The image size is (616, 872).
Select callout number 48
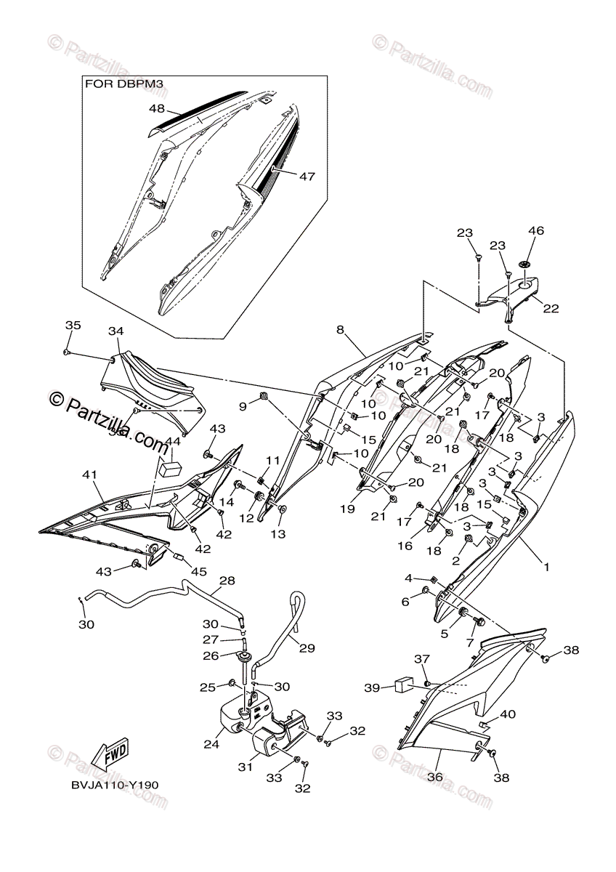coord(158,109)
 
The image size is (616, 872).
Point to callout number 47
coord(307,176)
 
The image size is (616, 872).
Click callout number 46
coord(535,231)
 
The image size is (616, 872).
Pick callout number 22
coord(551,308)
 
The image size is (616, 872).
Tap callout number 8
coord(341,330)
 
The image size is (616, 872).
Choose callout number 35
coord(71,325)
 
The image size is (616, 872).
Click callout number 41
coord(89,475)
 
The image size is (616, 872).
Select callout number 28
coord(227,581)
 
